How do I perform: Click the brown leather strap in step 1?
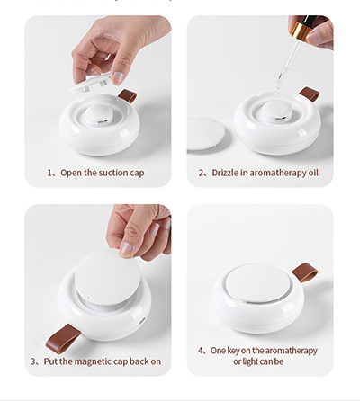point(128,96)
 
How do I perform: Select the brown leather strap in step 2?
point(310,94)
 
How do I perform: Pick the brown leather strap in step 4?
point(304,272)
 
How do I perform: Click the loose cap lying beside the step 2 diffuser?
point(205,133)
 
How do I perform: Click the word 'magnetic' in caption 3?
point(93,361)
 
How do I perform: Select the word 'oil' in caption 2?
point(313,173)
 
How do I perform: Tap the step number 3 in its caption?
point(32,361)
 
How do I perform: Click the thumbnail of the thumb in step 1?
point(119,78)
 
